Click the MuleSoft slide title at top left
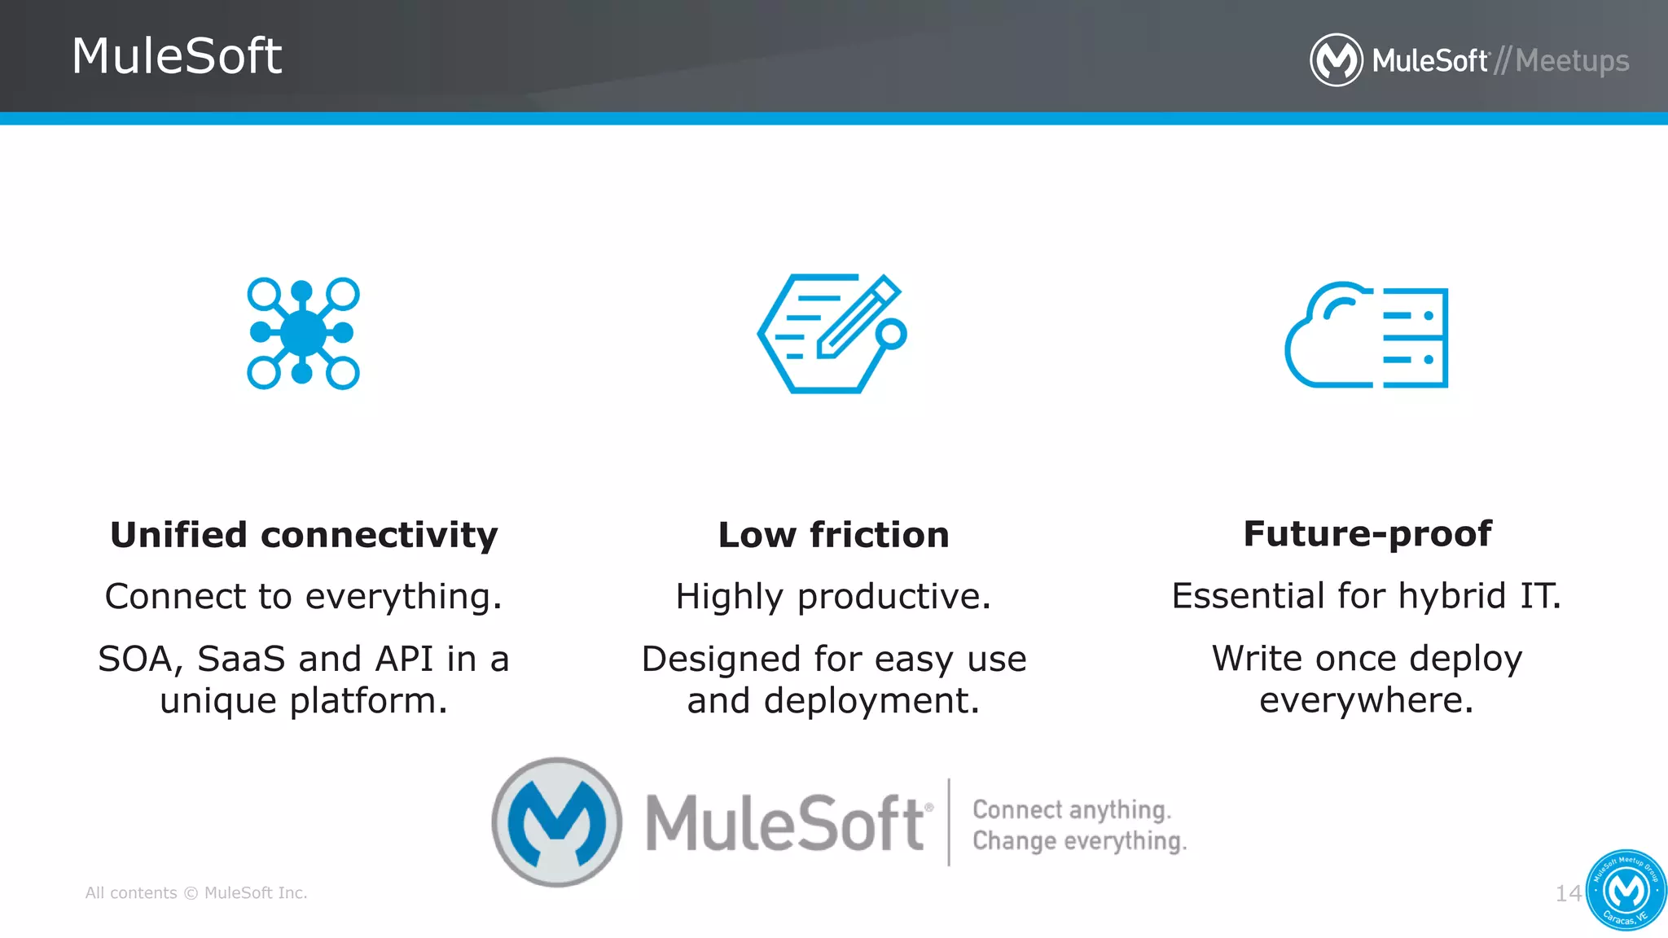click(177, 56)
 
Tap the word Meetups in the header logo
click(1572, 61)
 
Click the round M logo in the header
click(1336, 59)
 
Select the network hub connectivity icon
click(303, 333)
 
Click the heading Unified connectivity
click(304, 535)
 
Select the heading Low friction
click(833, 535)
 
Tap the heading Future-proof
click(1367, 534)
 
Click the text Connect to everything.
click(304, 596)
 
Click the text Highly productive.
click(833, 596)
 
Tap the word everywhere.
click(1367, 699)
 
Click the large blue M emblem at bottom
click(557, 822)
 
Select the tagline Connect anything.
click(1072, 809)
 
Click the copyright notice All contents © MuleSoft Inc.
click(196, 893)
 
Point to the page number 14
click(1568, 893)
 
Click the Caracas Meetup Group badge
click(1626, 890)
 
